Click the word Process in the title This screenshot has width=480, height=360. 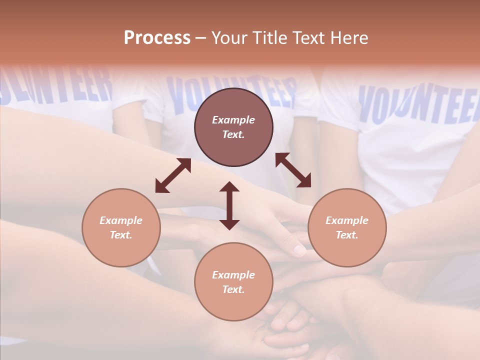(x=157, y=38)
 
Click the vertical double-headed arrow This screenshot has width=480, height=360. (x=229, y=205)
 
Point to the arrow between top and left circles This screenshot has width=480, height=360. (x=173, y=175)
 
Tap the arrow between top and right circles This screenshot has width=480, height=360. (x=293, y=170)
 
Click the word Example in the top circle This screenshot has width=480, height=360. (x=233, y=120)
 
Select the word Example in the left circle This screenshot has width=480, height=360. (x=121, y=220)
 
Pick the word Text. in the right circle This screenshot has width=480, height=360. (x=347, y=235)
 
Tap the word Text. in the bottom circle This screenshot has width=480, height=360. (x=233, y=289)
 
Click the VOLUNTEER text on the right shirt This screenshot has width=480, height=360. (x=417, y=105)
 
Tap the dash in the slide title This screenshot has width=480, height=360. (x=200, y=38)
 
